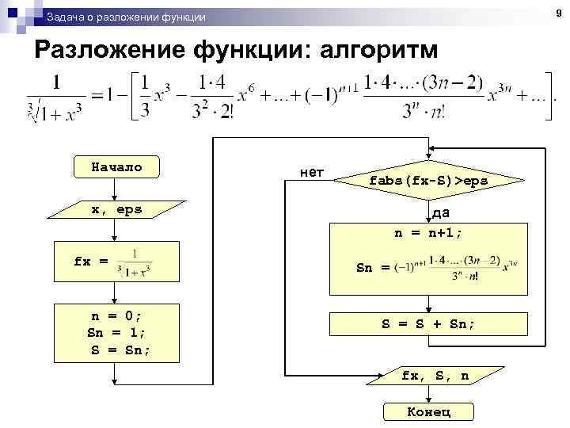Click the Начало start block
116,167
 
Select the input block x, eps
116,209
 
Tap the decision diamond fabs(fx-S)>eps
428,182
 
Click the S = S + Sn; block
428,323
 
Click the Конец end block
428,411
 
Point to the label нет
313,171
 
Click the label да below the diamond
441,213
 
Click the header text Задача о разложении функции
126,17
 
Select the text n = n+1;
428,234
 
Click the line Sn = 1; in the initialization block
116,332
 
